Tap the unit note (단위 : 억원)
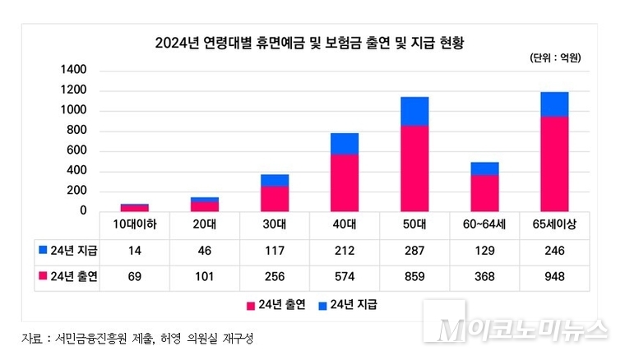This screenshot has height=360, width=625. click(556, 58)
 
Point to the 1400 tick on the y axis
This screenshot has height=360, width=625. click(74, 71)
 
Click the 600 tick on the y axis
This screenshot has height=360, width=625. click(79, 151)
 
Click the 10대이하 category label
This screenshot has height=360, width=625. click(134, 224)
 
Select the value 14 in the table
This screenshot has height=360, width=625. click(134, 251)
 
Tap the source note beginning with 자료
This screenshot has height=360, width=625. click(136, 339)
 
